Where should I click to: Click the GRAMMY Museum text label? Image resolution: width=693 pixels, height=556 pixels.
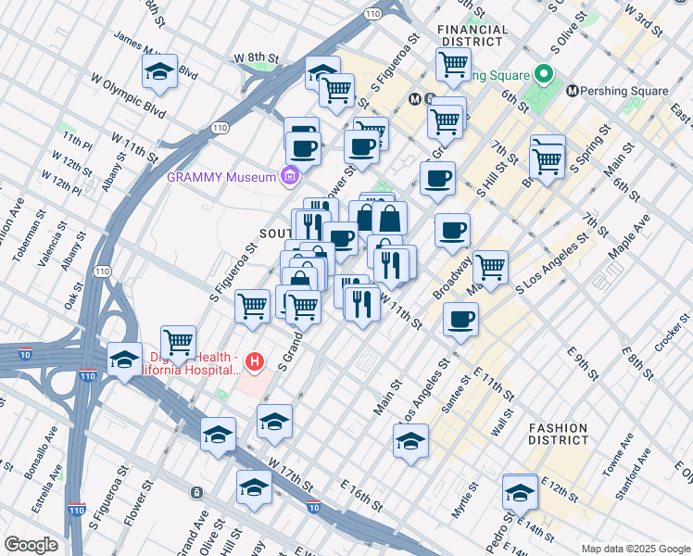coord(221,177)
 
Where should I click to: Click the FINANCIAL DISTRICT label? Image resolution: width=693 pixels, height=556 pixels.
coord(473,35)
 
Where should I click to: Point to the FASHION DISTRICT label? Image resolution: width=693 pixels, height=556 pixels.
coord(558,434)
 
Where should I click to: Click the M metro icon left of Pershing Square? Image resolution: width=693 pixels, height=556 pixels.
coord(573,91)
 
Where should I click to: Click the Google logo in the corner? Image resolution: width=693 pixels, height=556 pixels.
coord(31,544)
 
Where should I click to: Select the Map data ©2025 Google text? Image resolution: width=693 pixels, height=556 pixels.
coord(634,549)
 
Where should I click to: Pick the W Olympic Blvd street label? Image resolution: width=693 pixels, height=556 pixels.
coord(129,96)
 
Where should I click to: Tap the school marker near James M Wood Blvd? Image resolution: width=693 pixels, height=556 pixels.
coord(160,72)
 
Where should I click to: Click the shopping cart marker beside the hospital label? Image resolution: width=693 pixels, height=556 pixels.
coord(178,342)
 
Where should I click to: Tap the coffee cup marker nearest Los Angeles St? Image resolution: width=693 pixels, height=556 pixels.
coord(460,321)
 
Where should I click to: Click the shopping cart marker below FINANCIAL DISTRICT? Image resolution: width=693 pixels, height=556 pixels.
coord(453,64)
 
